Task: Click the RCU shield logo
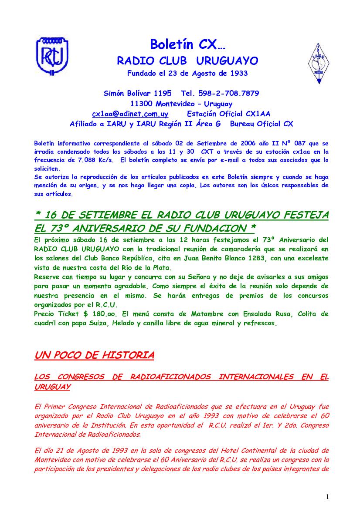click(52, 57)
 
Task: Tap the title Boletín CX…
click(187, 44)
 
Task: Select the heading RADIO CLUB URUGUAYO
click(187, 61)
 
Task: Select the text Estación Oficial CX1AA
click(228, 114)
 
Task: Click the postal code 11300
click(141, 104)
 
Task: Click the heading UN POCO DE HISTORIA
click(94, 355)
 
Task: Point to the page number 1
click(327, 497)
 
